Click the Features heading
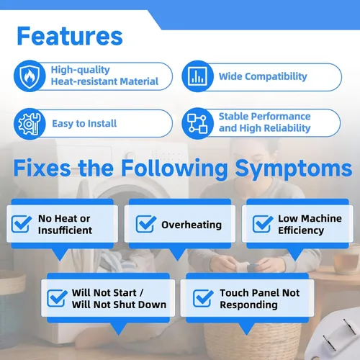point(70,36)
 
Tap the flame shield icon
point(30,76)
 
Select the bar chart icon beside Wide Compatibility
point(197,76)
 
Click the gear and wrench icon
point(30,124)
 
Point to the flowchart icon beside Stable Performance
point(197,123)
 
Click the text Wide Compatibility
point(263,76)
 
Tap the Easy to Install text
point(84,124)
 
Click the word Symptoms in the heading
point(294,169)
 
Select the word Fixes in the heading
point(42,168)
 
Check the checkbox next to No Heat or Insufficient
point(22,224)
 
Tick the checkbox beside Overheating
point(146,224)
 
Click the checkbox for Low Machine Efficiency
point(263,224)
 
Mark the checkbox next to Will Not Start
point(57,298)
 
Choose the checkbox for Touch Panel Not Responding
point(203,298)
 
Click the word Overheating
point(192,225)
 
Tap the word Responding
point(248,305)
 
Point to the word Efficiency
point(301,230)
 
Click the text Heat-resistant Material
point(104,81)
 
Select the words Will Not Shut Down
point(119,305)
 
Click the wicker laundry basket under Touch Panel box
point(252,341)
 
